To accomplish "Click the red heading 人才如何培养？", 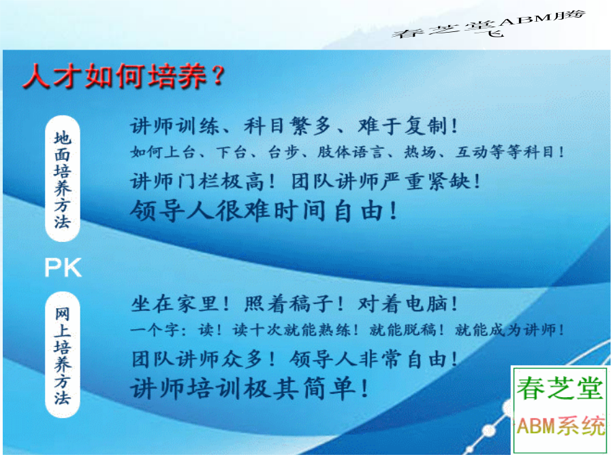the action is [x=124, y=75].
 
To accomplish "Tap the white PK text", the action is [x=63, y=267].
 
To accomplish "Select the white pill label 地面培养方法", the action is [x=63, y=178].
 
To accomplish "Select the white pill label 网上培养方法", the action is [x=63, y=355].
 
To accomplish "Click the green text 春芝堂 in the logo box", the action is [x=560, y=388].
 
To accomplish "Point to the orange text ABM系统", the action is [x=561, y=425].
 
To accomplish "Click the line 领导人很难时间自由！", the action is [x=264, y=211].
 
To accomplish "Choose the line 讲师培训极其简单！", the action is [x=249, y=388].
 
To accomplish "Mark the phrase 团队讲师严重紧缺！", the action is [x=386, y=182].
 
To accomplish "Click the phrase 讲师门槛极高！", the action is [x=202, y=182].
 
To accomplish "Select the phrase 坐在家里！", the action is [x=179, y=304].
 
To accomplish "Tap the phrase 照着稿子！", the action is [x=294, y=304].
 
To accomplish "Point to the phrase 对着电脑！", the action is [x=407, y=304].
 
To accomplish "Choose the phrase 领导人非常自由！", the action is [x=373, y=359].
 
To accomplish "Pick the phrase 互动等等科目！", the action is [x=509, y=152].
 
